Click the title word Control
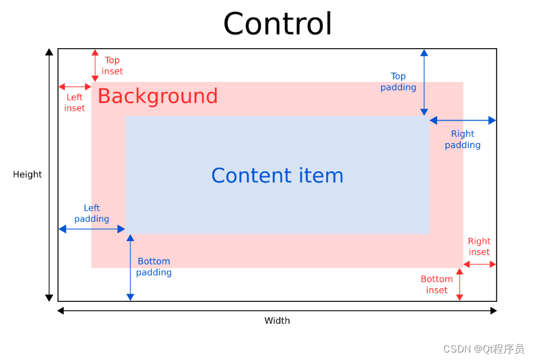(x=277, y=24)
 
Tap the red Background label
(x=157, y=96)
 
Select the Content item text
(x=277, y=176)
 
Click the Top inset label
(x=112, y=66)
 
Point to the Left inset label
(x=74, y=102)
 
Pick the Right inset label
(x=479, y=246)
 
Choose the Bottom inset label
(x=437, y=284)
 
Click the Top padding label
(x=398, y=82)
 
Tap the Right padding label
(x=462, y=139)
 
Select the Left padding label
(x=92, y=213)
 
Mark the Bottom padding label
(x=154, y=267)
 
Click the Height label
(x=27, y=174)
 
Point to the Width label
(x=277, y=321)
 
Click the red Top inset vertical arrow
(x=95, y=66)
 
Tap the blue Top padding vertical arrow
(x=424, y=82)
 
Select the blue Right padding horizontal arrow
(x=462, y=120)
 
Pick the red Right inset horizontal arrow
(x=480, y=264)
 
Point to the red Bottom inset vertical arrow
(x=460, y=284)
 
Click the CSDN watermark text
(x=483, y=349)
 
